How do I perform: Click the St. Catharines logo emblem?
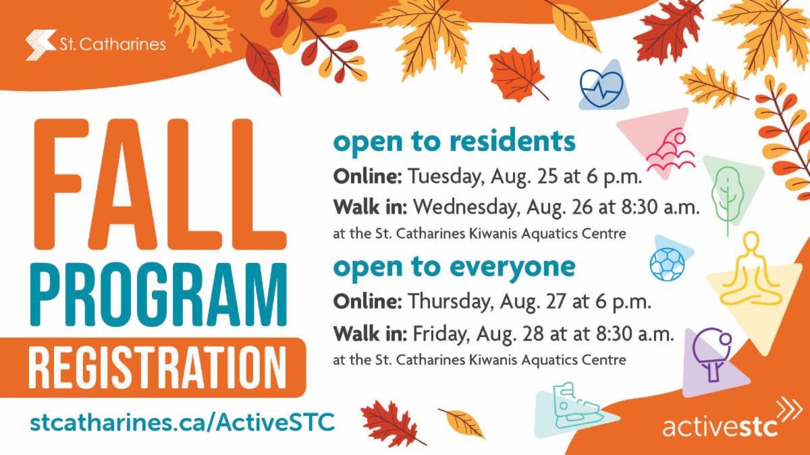pyautogui.click(x=41, y=44)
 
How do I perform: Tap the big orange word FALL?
pyautogui.click(x=160, y=184)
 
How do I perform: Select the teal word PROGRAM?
pyautogui.click(x=159, y=295)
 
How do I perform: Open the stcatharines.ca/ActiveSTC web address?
pyautogui.click(x=182, y=422)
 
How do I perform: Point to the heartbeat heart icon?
pyautogui.click(x=601, y=88)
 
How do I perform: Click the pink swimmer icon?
pyautogui.click(x=671, y=152)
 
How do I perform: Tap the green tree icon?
pyautogui.click(x=728, y=199)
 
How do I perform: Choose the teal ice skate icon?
pyautogui.click(x=576, y=406)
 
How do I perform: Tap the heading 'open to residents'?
pyautogui.click(x=454, y=141)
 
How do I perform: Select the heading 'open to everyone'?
pyautogui.click(x=454, y=267)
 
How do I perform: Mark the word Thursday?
pyautogui.click(x=452, y=302)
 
